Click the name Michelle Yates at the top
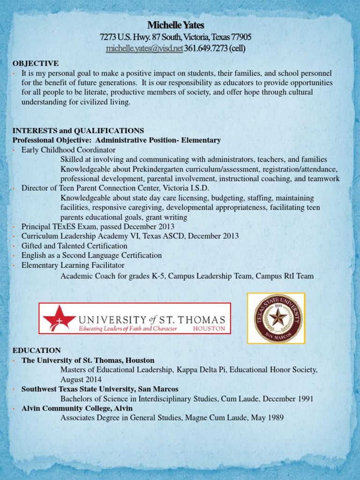click(x=176, y=25)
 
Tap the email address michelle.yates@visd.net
click(x=144, y=48)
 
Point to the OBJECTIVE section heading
click(x=35, y=63)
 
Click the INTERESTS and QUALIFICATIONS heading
click(x=78, y=130)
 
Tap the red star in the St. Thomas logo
click(x=60, y=317)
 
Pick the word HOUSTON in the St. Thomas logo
click(x=209, y=329)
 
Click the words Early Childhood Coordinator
click(x=68, y=150)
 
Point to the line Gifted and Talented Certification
click(x=75, y=246)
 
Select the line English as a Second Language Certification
click(x=91, y=255)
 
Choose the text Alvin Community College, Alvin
click(x=77, y=408)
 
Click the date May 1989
click(x=269, y=418)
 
